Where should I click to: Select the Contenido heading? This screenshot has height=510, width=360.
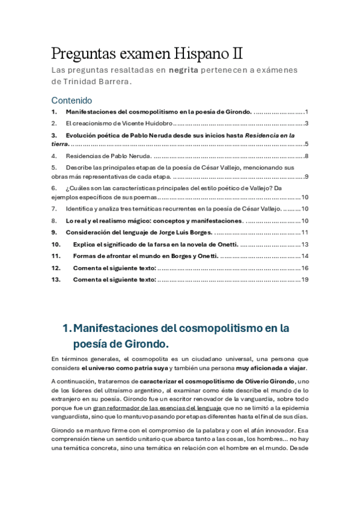(x=72, y=100)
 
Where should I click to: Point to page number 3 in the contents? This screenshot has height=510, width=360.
(x=307, y=123)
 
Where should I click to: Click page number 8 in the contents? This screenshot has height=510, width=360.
(x=307, y=156)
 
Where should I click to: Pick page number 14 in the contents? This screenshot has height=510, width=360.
(x=305, y=256)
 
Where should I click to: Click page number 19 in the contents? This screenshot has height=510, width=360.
(x=305, y=279)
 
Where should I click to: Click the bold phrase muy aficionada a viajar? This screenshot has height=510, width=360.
(x=272, y=367)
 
